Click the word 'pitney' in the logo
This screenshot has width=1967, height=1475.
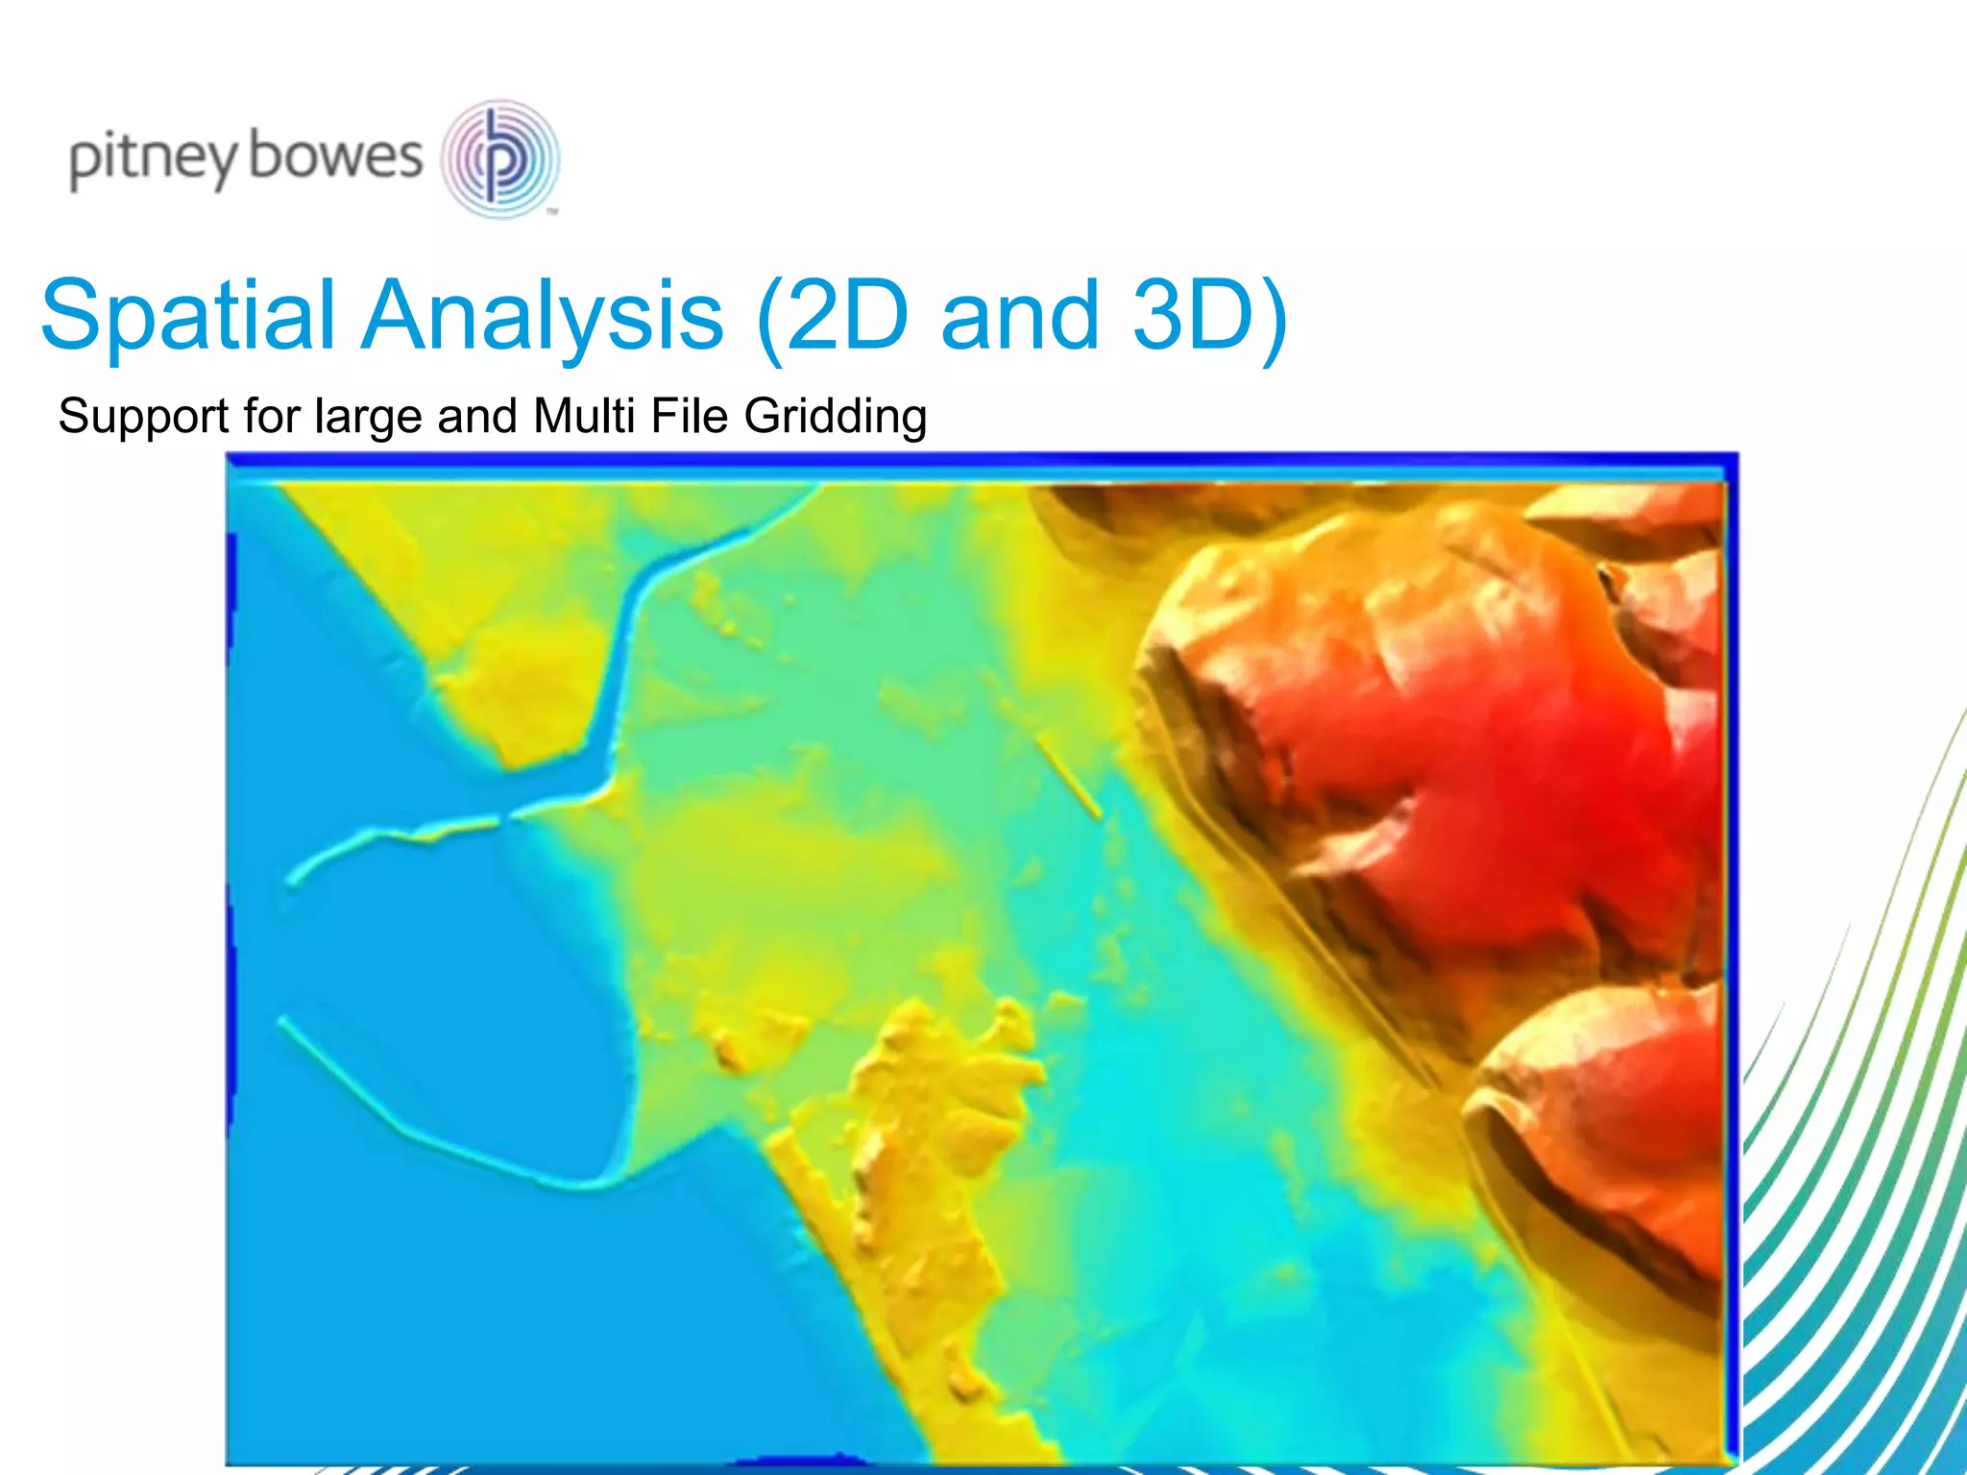(152, 159)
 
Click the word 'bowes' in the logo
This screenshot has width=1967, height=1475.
(335, 156)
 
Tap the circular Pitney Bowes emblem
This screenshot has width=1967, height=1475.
(499, 157)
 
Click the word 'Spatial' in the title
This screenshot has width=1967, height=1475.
(188, 315)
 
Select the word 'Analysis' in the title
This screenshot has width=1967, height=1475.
(543, 315)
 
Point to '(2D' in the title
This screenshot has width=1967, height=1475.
(832, 315)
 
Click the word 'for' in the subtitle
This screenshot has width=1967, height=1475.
(273, 417)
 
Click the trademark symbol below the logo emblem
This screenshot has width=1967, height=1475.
(552, 211)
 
